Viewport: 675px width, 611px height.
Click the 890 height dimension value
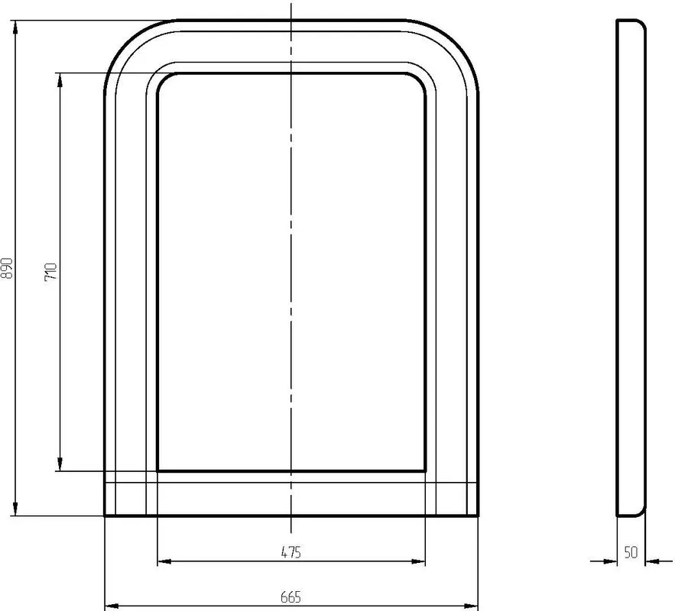click(8, 268)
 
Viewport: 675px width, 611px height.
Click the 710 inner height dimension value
click(50, 272)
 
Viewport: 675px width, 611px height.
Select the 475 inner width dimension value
click(291, 552)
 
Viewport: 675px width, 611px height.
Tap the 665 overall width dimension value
click(291, 597)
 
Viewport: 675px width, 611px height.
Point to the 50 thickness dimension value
click(631, 552)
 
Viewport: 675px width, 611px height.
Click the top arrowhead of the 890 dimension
click(15, 27)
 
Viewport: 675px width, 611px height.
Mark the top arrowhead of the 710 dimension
click(60, 80)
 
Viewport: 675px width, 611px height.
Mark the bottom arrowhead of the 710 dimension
click(60, 464)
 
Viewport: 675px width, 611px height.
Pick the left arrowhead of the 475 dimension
click(164, 561)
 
